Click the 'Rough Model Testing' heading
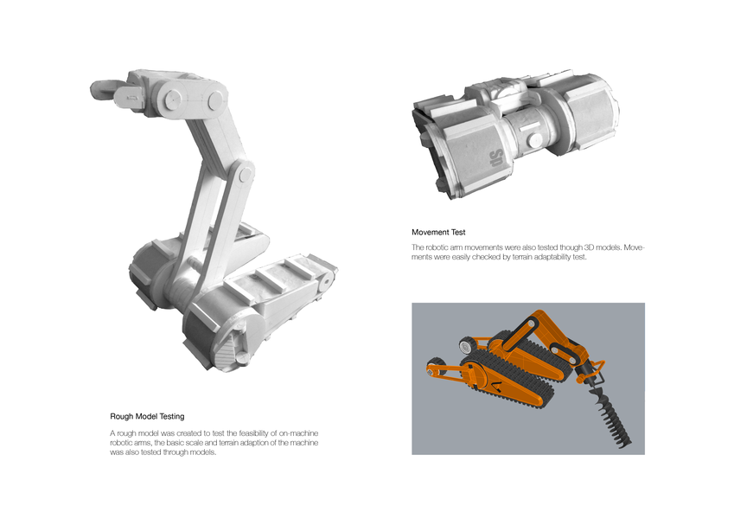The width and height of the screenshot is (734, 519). (x=147, y=416)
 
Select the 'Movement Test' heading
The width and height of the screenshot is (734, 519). (x=438, y=233)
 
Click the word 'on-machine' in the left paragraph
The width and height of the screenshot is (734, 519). (x=300, y=433)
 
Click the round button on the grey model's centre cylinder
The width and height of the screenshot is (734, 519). (x=533, y=139)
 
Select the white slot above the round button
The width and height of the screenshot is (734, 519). (x=527, y=126)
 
